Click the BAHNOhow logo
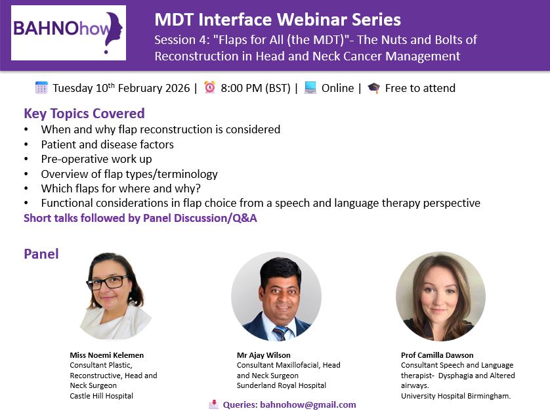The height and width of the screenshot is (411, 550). point(68,33)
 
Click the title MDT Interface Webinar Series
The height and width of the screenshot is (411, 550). point(278,19)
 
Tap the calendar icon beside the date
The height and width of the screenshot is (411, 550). point(41,87)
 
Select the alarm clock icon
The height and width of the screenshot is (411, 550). point(210,87)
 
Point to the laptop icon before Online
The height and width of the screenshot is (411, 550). point(310,87)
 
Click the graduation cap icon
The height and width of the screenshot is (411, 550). point(374,88)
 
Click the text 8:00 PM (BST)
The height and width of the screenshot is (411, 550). point(255,88)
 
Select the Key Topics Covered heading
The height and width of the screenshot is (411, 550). point(84,114)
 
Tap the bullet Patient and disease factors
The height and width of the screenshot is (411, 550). point(108,144)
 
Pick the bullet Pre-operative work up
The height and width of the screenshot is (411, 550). point(96,159)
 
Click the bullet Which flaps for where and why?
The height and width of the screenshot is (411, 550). point(121,188)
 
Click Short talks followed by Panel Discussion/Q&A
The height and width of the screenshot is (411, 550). point(140,218)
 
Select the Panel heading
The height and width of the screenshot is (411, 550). point(41,254)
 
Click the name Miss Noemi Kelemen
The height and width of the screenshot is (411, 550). point(106,355)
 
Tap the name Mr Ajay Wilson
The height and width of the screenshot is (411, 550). point(263,355)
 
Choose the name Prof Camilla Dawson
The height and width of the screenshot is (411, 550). point(437,355)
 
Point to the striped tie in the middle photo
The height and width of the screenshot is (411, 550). point(280,333)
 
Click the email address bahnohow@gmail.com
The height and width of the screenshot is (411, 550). point(308,404)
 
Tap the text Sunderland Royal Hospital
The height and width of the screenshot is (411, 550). point(282,385)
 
